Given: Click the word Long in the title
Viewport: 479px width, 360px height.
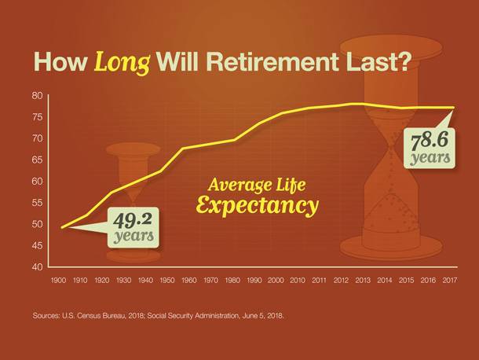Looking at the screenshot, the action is [122, 63].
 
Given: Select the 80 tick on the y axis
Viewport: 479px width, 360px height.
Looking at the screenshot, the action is [38, 96].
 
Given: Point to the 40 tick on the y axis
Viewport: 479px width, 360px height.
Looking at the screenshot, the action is [38, 267].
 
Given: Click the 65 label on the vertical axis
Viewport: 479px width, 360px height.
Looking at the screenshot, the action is [38, 160].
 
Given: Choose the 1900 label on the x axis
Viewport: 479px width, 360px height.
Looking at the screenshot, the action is [58, 280].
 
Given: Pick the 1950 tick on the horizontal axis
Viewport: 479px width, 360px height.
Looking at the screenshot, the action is [167, 280].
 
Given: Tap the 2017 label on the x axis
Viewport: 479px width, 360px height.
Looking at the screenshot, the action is [450, 280].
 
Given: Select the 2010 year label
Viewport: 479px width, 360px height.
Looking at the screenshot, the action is [298, 280].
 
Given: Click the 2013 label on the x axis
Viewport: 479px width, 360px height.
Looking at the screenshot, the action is [363, 280].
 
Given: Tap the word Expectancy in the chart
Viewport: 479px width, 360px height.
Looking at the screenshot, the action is [258, 205].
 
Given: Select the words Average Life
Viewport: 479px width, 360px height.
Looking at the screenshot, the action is [256, 185].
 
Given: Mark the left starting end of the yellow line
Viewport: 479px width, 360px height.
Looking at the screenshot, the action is [62, 227].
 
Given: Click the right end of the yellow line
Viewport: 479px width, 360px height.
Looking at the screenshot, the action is [453, 108].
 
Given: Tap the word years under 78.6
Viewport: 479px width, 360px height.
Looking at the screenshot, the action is [430, 158].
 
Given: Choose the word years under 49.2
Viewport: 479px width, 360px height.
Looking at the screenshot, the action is [133, 236].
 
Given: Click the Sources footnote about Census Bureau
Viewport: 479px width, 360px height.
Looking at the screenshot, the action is [159, 316].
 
